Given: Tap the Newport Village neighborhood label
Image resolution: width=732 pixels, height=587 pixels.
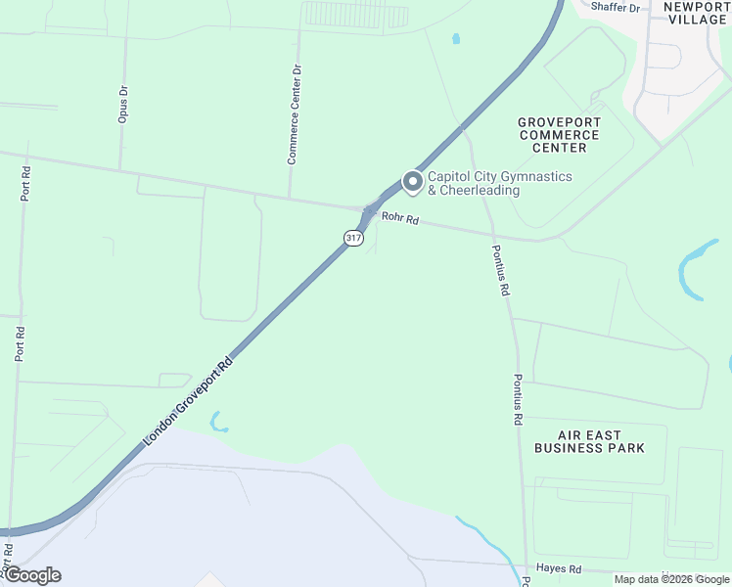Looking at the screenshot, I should coord(696,13).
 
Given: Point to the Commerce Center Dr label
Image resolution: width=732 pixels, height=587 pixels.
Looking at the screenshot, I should coord(295,114).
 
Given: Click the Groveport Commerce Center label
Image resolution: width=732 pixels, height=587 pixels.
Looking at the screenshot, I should coord(559,135).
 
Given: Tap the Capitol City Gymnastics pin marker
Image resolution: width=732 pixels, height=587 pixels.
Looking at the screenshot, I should coord(412,182).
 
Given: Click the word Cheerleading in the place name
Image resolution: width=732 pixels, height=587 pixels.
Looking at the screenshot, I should coord(480,191).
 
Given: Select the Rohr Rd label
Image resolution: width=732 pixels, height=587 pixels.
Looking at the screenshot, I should coord(400,220).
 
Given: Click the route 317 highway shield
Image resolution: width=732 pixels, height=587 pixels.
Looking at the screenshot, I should coord(353,238).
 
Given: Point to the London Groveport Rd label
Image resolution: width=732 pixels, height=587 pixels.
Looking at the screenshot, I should coord(188,404).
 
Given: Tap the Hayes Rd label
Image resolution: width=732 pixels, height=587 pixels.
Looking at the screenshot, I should coord(559,568).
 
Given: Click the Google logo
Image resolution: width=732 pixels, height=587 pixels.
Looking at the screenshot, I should coord(31,575).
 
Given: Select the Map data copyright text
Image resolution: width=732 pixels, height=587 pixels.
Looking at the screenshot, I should coord(672,579).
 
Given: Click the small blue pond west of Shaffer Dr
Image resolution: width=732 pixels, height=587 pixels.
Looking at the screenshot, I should coord(455,40).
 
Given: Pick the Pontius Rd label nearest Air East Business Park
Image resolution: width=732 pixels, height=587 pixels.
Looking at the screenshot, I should coord(518,399).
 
